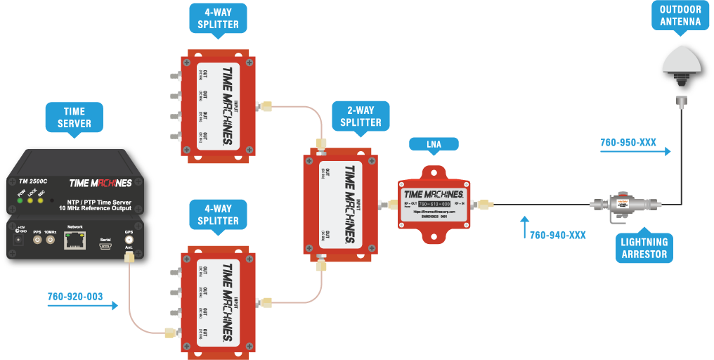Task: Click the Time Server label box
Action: pyautogui.click(x=74, y=117)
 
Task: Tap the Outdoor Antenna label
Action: pyautogui.click(x=680, y=15)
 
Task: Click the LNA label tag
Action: pyautogui.click(x=434, y=144)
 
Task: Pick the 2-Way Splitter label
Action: pyautogui.click(x=361, y=116)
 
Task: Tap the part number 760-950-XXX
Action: pyautogui.click(x=628, y=143)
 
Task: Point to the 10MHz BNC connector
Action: pyautogui.click(x=50, y=240)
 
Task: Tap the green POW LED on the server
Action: pyautogui.click(x=21, y=200)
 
